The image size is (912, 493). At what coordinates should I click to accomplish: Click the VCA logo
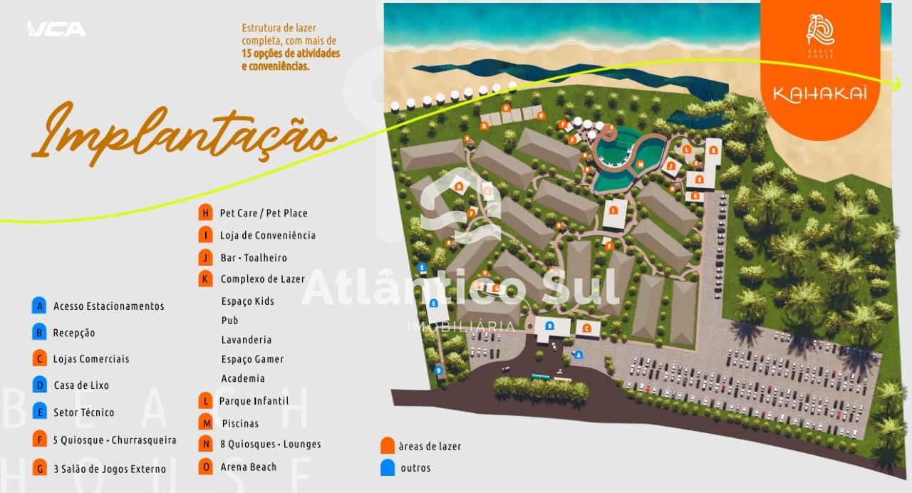point(56,28)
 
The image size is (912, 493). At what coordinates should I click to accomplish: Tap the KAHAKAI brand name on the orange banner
point(819,95)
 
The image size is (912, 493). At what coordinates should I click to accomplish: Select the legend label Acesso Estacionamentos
point(108,306)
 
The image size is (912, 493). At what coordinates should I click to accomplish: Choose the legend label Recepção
point(73,333)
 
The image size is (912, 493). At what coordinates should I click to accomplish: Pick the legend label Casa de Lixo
point(81,385)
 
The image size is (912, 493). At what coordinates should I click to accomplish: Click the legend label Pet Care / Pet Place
point(264,213)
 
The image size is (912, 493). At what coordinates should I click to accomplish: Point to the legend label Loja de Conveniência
point(267,235)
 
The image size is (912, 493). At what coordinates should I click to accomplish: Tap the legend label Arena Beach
point(248,467)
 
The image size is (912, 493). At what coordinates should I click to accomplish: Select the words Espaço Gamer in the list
point(252,359)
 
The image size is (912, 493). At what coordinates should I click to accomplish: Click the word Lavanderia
point(246,340)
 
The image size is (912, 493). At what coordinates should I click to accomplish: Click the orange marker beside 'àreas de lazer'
point(388,446)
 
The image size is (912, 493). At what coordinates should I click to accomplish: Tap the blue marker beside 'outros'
point(388,468)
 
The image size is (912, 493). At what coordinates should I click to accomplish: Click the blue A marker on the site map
point(578,354)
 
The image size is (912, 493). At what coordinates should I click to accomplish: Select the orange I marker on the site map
point(613,211)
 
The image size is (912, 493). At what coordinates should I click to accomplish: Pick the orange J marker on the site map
point(670,167)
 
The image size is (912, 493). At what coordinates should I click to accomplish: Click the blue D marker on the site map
point(438,370)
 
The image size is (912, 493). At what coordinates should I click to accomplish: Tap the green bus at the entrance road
point(541,377)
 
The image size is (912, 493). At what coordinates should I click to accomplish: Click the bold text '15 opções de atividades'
point(290,53)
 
